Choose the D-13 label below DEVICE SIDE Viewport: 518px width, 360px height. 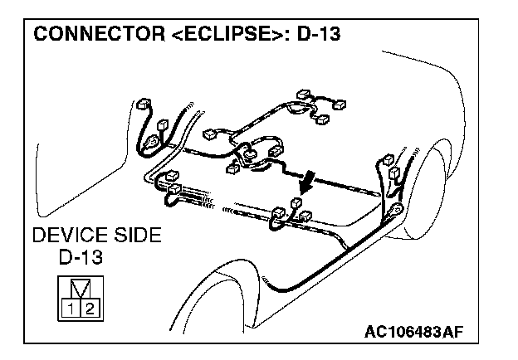(81, 257)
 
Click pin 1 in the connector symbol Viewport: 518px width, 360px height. (68, 309)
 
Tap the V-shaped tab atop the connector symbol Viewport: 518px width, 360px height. (77, 290)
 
